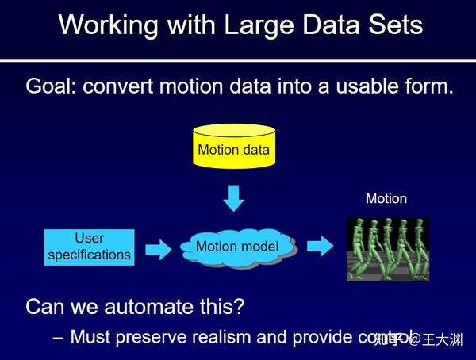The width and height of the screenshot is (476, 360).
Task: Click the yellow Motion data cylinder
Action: [233, 146]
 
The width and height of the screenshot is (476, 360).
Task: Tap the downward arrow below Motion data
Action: [233, 197]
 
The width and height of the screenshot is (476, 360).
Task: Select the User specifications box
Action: [89, 247]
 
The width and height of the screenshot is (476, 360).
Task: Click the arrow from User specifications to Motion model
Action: [158, 249]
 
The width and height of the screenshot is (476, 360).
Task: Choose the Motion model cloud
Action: [236, 247]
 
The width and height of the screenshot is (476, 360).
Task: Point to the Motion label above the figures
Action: [386, 199]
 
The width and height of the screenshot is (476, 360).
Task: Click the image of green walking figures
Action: [387, 249]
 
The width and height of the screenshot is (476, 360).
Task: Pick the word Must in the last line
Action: [90, 336]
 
